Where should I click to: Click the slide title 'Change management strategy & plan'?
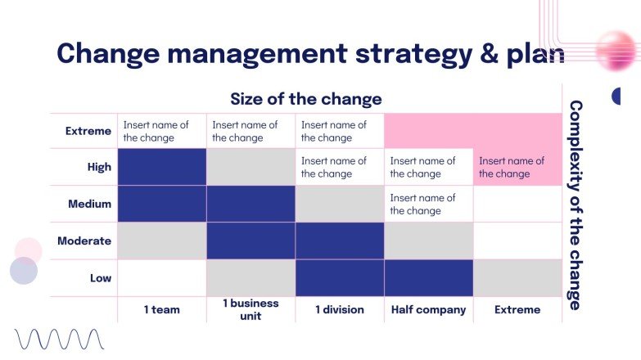[x=310, y=54]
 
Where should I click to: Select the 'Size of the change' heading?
[x=305, y=100]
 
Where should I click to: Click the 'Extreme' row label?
[x=88, y=131]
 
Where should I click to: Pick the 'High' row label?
[x=99, y=167]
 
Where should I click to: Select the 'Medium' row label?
[x=91, y=204]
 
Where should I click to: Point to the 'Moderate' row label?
[x=84, y=241]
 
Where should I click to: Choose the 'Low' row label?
[x=100, y=278]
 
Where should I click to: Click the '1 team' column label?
[x=161, y=309]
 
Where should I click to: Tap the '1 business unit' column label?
[x=251, y=309]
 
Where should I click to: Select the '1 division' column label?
[x=340, y=309]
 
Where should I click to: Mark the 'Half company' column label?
[x=428, y=309]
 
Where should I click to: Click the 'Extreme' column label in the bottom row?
[x=517, y=309]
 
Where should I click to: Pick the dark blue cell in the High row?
[x=162, y=167]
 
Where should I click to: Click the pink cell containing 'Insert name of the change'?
[x=517, y=167]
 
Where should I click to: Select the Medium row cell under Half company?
[x=428, y=204]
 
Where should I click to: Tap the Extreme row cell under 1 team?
[x=161, y=131]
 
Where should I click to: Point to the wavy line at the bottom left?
[x=59, y=339]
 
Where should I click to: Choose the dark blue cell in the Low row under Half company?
[x=428, y=278]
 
